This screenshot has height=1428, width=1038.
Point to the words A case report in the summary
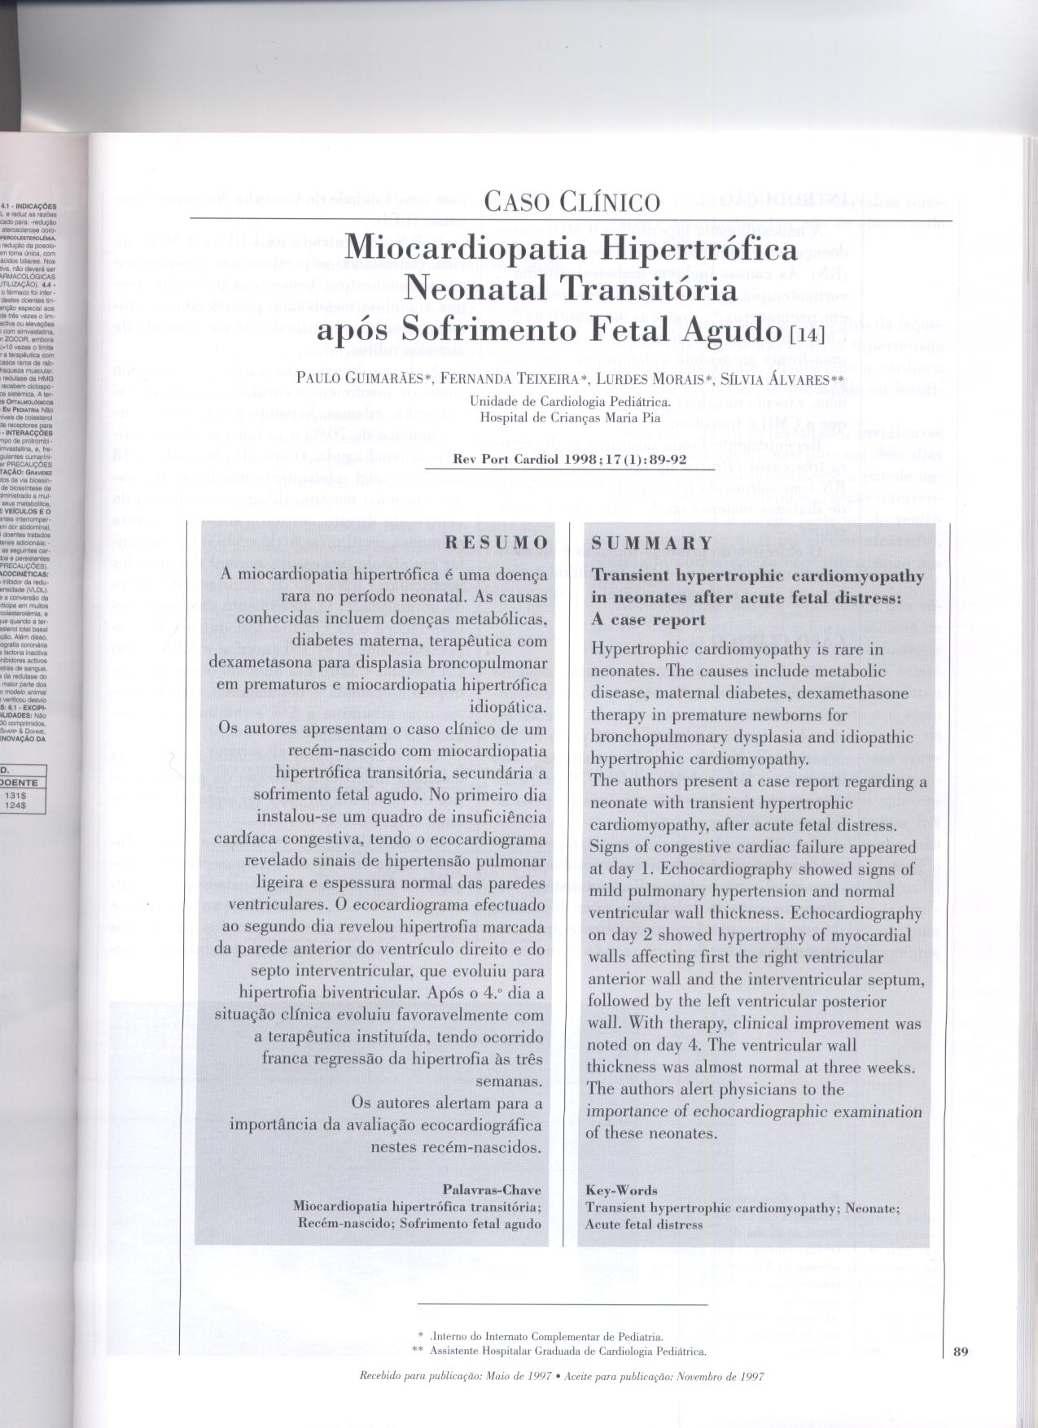648,620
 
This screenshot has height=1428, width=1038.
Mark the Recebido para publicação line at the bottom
562,1377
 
